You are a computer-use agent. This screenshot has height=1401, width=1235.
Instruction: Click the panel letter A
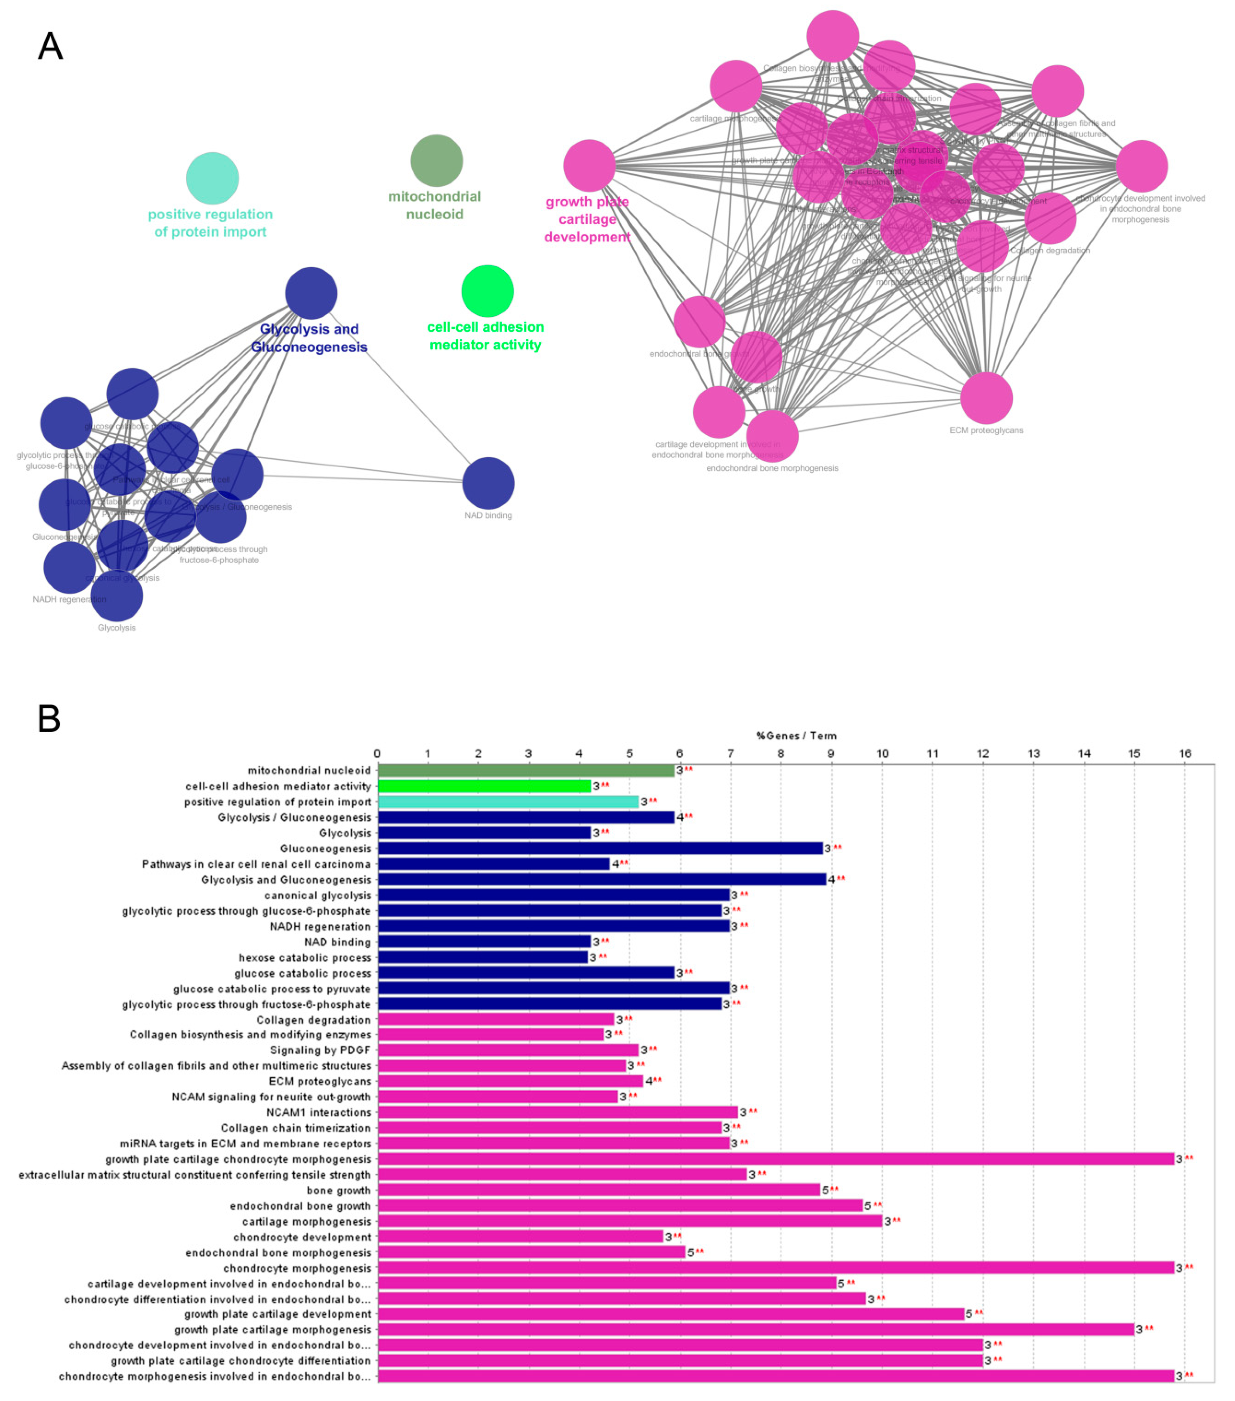point(50,47)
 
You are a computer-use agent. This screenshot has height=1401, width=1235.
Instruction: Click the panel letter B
point(49,719)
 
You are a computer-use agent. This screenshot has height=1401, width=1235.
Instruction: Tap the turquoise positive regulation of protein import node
point(212,178)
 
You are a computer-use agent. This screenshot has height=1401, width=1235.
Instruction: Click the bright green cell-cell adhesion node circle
point(487,291)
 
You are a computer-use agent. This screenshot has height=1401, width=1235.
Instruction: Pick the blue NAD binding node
point(488,483)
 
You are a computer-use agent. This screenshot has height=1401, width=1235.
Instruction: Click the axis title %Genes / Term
point(797,735)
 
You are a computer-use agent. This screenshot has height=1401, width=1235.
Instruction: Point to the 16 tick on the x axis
point(1185,753)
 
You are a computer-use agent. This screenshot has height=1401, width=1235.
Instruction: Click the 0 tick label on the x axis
point(378,753)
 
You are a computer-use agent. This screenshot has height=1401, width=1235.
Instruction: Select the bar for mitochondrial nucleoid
point(526,770)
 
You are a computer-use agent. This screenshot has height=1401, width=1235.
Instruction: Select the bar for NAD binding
point(484,942)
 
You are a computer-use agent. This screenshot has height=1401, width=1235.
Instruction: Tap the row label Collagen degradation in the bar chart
point(313,1020)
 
